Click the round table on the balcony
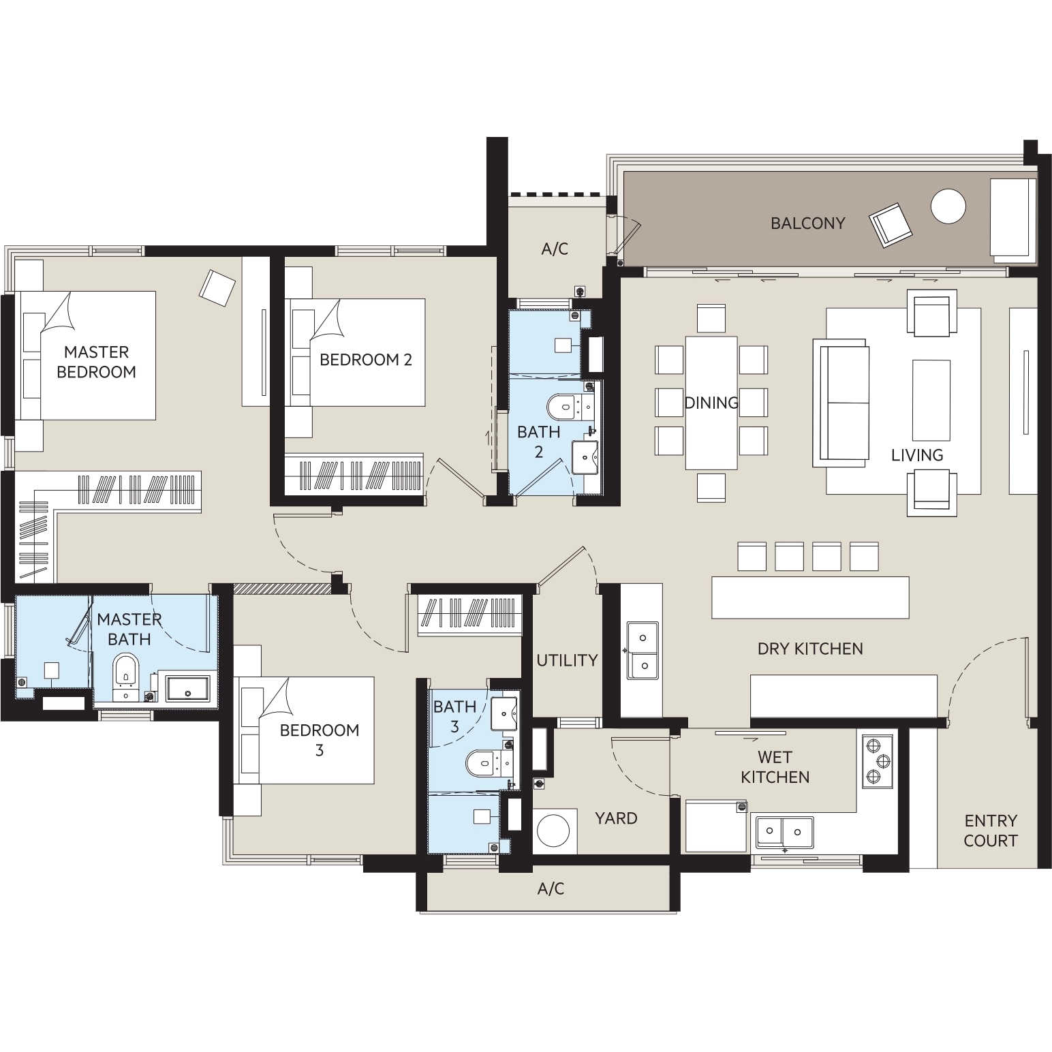[x=948, y=206]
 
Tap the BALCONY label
[x=807, y=223]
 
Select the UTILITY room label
[x=567, y=660]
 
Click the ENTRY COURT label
[x=991, y=831]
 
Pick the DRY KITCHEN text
[x=810, y=649]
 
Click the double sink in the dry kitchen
[x=642, y=650]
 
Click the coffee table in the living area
[x=931, y=400]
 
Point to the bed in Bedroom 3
[x=304, y=730]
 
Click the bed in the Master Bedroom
[x=85, y=355]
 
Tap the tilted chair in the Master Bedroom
[x=217, y=288]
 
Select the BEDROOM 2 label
[x=366, y=360]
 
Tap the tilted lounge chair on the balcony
[x=891, y=225]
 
